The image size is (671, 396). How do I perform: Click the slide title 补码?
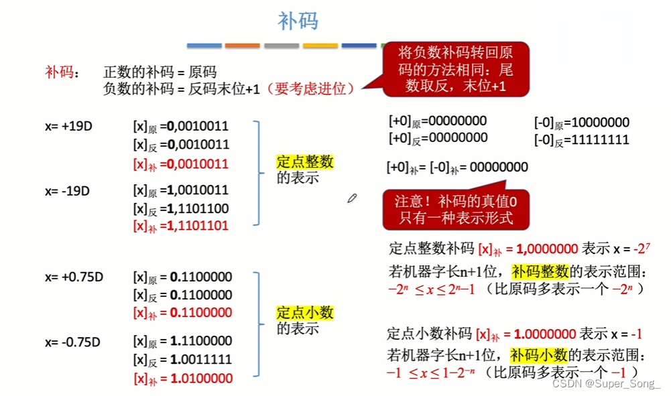pyautogui.click(x=298, y=21)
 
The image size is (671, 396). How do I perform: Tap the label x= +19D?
pyautogui.click(x=68, y=125)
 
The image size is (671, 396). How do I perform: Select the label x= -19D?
pyautogui.click(x=67, y=191)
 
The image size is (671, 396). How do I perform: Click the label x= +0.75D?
pyautogui.click(x=72, y=277)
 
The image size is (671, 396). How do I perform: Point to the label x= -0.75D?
pyautogui.click(x=72, y=342)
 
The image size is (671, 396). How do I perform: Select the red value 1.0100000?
pyautogui.click(x=201, y=379)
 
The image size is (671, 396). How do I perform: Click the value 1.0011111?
pyautogui.click(x=201, y=360)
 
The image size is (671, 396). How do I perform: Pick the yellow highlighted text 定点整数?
pyautogui.click(x=304, y=162)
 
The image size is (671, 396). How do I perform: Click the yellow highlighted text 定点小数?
pyautogui.click(x=304, y=313)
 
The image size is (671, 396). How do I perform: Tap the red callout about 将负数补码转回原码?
pyautogui.click(x=455, y=69)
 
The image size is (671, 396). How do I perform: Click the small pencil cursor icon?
pyautogui.click(x=352, y=198)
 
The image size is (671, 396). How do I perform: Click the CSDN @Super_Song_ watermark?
pyautogui.click(x=606, y=383)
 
